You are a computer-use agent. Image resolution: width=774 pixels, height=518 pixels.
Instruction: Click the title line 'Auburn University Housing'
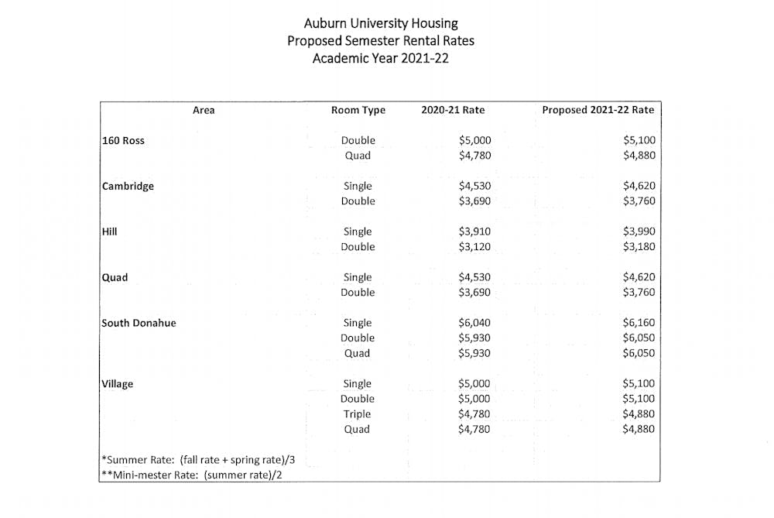pyautogui.click(x=380, y=23)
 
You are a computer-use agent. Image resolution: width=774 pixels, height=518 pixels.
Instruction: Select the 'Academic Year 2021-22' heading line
pyautogui.click(x=380, y=58)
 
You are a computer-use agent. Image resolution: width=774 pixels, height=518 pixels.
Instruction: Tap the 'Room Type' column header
pyautogui.click(x=358, y=110)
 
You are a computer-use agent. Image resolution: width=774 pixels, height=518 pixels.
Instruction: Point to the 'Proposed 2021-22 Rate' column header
pyautogui.click(x=598, y=110)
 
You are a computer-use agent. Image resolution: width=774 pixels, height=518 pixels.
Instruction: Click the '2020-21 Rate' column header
pyautogui.click(x=453, y=110)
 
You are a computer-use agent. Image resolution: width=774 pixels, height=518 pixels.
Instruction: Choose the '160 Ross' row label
pyautogui.click(x=123, y=141)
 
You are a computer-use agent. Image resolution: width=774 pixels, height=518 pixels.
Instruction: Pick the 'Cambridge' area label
pyautogui.click(x=128, y=187)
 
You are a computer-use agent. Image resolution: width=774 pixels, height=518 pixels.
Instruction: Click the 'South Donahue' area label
pyautogui.click(x=139, y=323)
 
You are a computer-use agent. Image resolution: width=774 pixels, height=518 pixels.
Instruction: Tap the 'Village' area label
pyautogui.click(x=117, y=384)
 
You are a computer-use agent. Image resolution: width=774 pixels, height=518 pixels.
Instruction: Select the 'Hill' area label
pyautogui.click(x=109, y=232)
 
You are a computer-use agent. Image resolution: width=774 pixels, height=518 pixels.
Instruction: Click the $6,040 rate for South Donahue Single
pyautogui.click(x=474, y=323)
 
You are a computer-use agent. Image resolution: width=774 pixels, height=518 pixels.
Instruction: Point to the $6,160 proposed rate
pyautogui.click(x=639, y=323)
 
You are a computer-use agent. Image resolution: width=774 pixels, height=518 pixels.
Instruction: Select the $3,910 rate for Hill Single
pyautogui.click(x=474, y=232)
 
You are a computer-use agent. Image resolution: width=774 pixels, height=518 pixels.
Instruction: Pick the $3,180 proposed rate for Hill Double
pyautogui.click(x=639, y=247)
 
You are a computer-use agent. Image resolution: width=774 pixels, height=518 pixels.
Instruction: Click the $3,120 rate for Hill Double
pyautogui.click(x=474, y=247)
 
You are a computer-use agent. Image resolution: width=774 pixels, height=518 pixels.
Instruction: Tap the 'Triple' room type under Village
pyautogui.click(x=358, y=414)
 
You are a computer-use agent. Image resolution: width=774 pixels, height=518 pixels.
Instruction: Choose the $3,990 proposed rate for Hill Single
pyautogui.click(x=639, y=232)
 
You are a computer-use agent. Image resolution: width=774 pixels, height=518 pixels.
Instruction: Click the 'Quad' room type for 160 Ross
pyautogui.click(x=358, y=156)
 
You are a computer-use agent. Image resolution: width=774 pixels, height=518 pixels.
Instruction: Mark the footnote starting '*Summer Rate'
pyautogui.click(x=198, y=460)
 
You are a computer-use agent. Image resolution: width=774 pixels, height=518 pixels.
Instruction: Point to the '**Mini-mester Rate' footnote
pyautogui.click(x=190, y=475)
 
